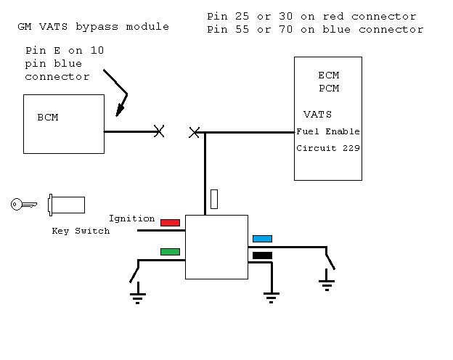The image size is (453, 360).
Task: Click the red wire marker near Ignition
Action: coord(170,222)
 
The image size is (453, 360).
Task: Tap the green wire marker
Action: coord(170,252)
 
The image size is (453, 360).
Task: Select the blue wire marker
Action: coord(262,238)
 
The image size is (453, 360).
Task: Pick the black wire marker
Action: coord(262,255)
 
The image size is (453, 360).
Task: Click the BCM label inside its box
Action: coord(48,118)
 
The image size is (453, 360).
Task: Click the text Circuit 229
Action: coord(327,148)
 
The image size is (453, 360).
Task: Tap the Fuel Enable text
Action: coord(327,132)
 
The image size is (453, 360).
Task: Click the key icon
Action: coord(23,205)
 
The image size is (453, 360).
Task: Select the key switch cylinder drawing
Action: coord(66,205)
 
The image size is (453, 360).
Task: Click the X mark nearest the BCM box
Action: coord(159,131)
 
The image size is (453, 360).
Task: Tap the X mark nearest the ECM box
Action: coord(194,132)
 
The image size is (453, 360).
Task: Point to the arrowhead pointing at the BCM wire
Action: coord(120,111)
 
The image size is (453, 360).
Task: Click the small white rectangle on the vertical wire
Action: coord(214,199)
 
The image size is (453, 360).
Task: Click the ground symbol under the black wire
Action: coord(271,296)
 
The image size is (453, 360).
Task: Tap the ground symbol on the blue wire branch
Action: coord(327,284)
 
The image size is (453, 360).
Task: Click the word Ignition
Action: coord(131,218)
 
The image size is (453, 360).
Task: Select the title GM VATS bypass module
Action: coord(93,27)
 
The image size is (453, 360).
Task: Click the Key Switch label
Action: coord(81,231)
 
